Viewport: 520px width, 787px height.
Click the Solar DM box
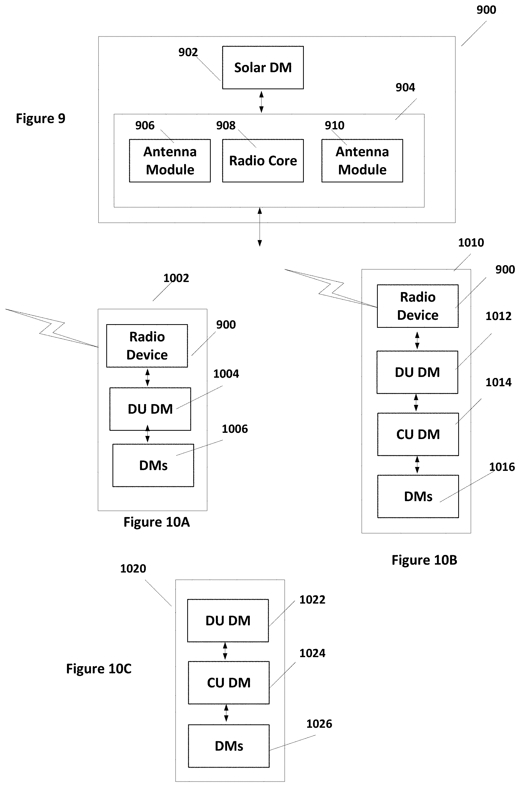(263, 68)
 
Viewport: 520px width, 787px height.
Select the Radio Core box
(263, 161)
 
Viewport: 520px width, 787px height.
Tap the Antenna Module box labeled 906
(170, 161)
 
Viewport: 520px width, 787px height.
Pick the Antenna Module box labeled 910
(362, 161)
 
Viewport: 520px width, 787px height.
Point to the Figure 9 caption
(40, 118)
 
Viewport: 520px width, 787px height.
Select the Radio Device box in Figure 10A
(147, 346)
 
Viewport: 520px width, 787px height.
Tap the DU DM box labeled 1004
(150, 409)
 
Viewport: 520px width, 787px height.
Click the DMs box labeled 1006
(153, 465)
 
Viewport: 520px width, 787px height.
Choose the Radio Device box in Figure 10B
(418, 306)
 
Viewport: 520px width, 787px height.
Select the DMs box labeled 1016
(418, 496)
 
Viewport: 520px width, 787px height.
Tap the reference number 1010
(471, 242)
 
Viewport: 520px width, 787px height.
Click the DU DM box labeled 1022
(228, 621)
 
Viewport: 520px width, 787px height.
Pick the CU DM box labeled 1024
(229, 683)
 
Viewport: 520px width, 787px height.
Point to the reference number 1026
(319, 724)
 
